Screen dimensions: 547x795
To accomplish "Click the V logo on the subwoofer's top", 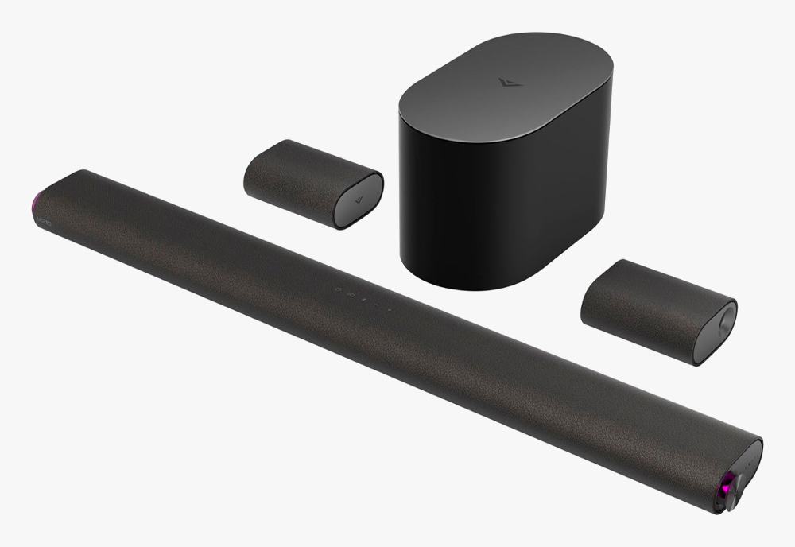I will tap(503, 82).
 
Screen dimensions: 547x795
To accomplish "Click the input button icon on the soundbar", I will tap(351, 294).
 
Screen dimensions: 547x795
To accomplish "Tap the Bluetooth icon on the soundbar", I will tap(363, 300).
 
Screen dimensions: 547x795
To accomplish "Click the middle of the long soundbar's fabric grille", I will tap(382, 342).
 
